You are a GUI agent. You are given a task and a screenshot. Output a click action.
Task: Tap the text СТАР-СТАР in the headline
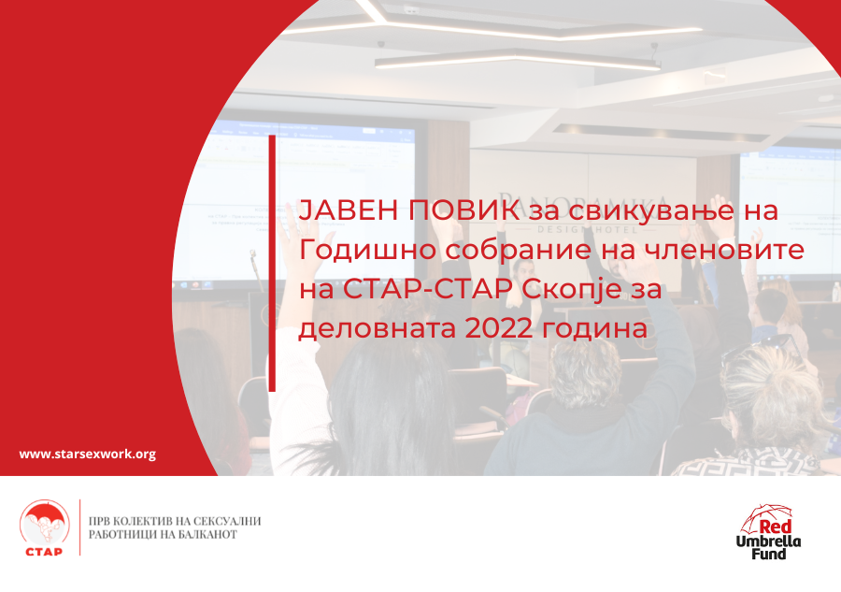[x=428, y=289]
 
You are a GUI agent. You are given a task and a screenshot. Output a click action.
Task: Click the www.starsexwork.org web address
[x=88, y=455]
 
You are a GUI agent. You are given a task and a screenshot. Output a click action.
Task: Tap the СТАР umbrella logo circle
[x=45, y=524]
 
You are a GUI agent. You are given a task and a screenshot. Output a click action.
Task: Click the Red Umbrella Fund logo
[x=769, y=532]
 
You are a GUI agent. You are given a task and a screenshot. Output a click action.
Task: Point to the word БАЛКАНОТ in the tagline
[x=207, y=535]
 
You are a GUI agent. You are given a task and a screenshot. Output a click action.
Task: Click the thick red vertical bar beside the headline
[x=272, y=263]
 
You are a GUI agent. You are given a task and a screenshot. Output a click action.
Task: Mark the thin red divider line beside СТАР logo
[x=80, y=527]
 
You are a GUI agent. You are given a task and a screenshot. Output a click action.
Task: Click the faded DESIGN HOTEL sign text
[x=588, y=230]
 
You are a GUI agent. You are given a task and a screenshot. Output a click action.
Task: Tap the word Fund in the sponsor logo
[x=768, y=554]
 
